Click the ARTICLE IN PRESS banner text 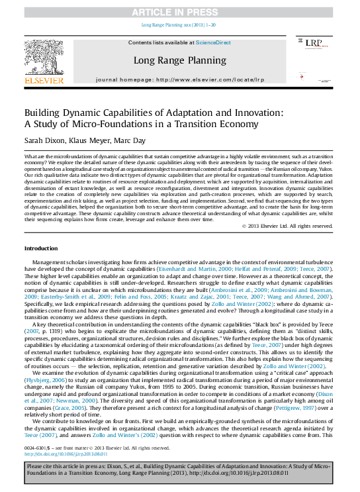179,13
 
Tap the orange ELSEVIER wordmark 44,80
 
